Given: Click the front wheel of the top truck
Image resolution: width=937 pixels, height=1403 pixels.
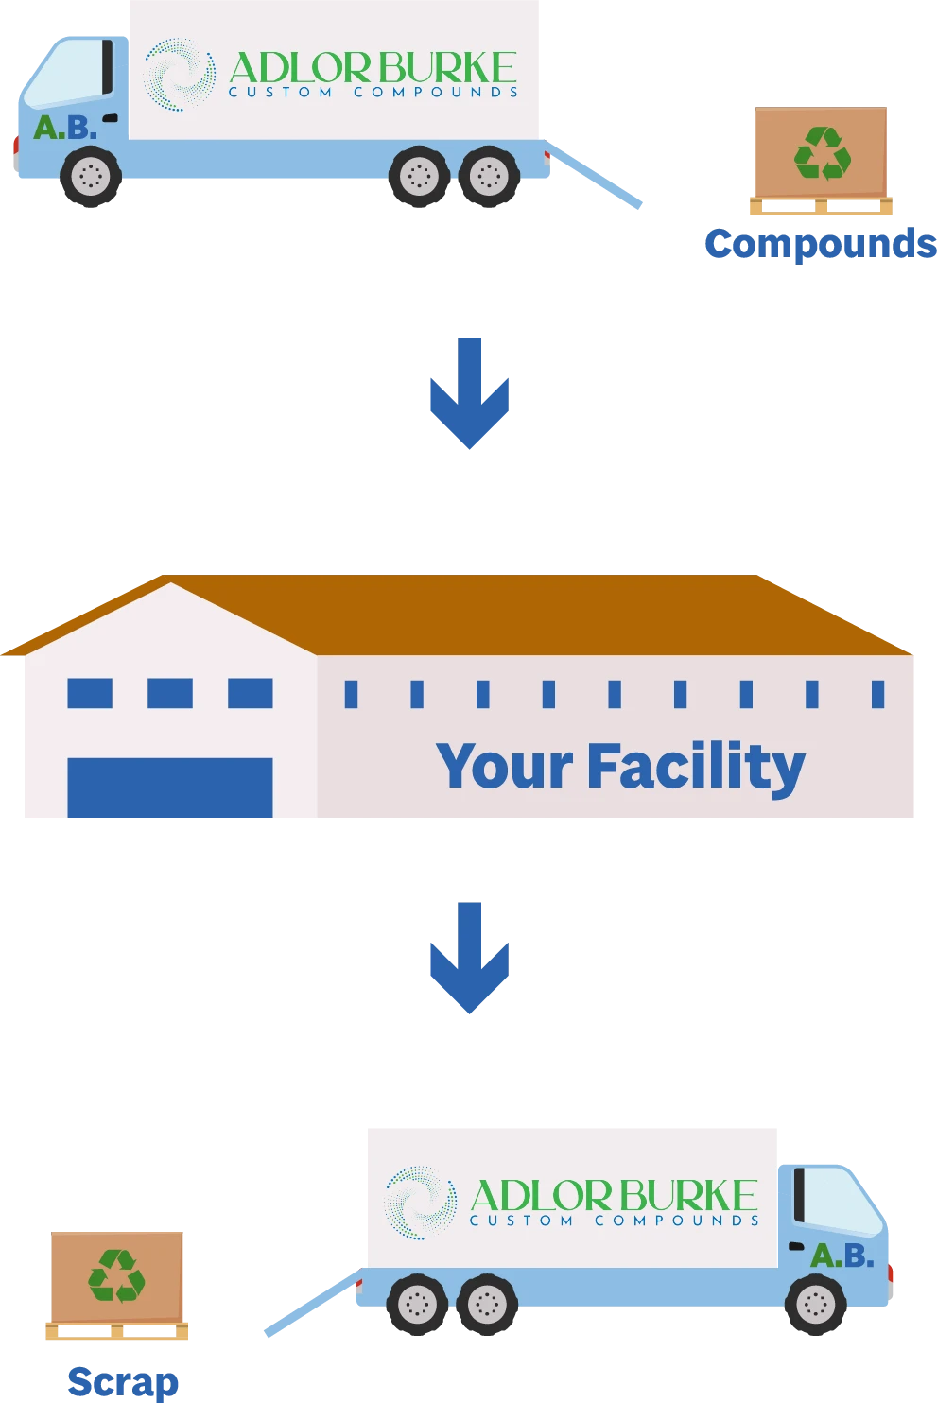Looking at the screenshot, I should [x=91, y=176].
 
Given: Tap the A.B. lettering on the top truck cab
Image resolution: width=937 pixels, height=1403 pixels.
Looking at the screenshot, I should [x=64, y=128].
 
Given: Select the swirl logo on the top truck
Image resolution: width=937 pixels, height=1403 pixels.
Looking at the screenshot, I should [x=179, y=75].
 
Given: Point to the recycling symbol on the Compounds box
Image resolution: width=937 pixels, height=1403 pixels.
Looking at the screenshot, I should [x=822, y=153].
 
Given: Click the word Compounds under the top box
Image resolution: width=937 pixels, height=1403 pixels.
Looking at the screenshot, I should [x=820, y=244].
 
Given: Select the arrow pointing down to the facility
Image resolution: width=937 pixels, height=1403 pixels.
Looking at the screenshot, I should [x=469, y=392].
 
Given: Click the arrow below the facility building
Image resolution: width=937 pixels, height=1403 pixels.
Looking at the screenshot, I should [x=469, y=960].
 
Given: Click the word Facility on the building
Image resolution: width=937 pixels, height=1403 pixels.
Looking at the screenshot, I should [x=696, y=766].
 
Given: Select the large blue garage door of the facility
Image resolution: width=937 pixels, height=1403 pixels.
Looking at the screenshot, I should [x=170, y=788].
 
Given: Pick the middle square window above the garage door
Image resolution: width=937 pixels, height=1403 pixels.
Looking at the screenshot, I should [x=170, y=693].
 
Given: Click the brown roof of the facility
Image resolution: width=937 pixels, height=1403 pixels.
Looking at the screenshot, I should [x=529, y=615].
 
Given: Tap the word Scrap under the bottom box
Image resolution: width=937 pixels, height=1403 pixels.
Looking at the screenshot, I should [x=124, y=1382].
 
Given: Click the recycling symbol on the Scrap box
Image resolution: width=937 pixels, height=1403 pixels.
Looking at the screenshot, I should [x=116, y=1275].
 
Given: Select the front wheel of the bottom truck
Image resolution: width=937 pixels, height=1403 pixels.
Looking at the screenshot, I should [x=815, y=1305].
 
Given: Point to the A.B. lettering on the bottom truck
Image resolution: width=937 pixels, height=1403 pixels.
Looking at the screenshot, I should [x=842, y=1256].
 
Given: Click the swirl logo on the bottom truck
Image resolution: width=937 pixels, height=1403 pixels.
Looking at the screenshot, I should [x=420, y=1203].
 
